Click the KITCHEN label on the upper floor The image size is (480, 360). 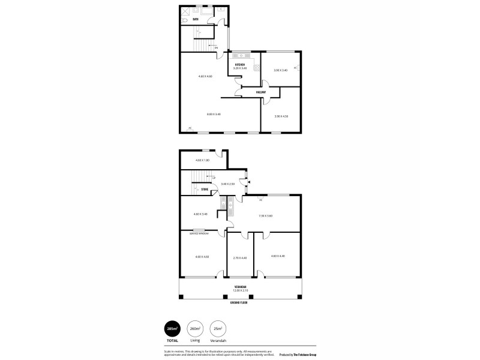(240, 64)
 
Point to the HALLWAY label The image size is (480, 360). (261, 92)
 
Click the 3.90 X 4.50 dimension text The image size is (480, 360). (281, 116)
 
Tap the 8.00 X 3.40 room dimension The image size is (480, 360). (214, 114)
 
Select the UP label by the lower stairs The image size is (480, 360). (213, 178)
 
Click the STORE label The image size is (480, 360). (205, 190)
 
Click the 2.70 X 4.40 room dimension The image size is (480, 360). (240, 258)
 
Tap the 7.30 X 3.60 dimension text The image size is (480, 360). (266, 215)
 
